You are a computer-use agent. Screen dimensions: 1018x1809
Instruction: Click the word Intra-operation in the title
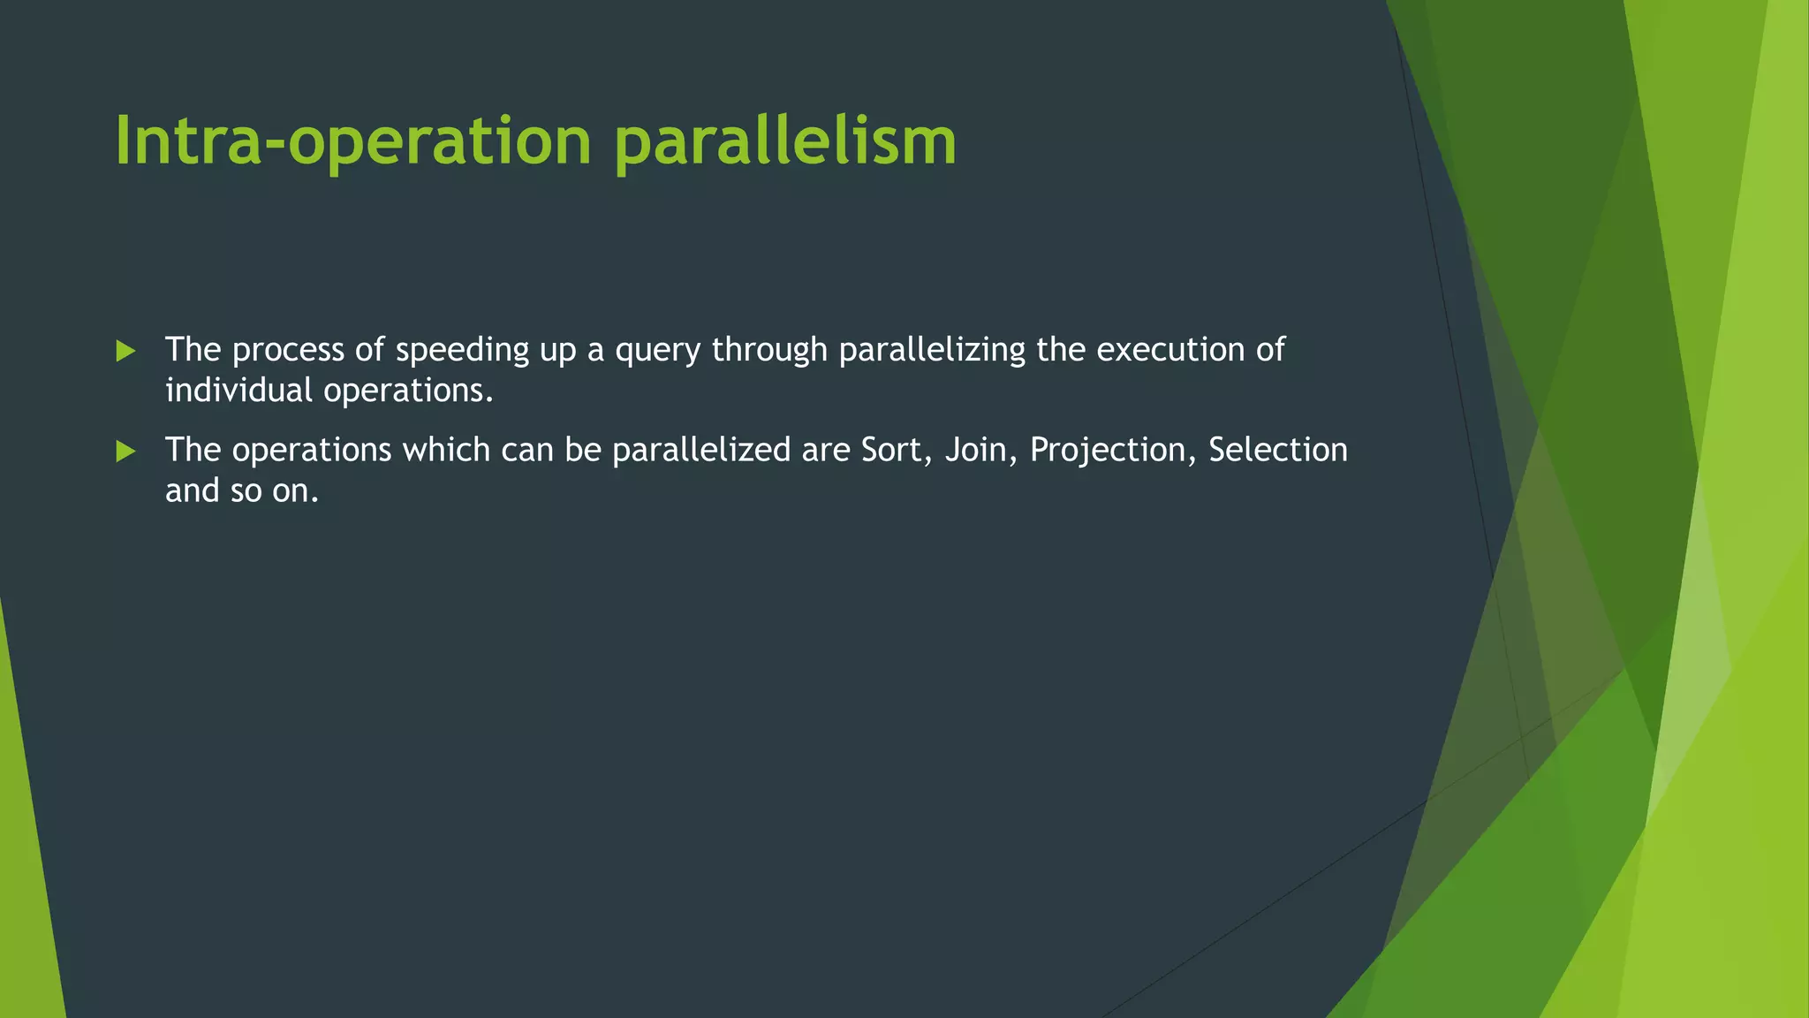352,141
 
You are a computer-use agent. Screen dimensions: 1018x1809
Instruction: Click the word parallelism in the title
785,141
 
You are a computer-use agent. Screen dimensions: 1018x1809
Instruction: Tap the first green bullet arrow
125,352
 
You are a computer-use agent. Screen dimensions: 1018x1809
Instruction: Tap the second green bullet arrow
125,452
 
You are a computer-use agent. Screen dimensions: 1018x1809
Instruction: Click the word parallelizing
932,351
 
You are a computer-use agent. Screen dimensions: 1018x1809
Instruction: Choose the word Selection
1277,451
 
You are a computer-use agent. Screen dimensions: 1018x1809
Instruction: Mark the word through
769,351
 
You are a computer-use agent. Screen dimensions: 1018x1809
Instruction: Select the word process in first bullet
288,351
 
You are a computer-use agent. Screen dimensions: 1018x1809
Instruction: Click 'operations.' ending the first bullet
408,391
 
